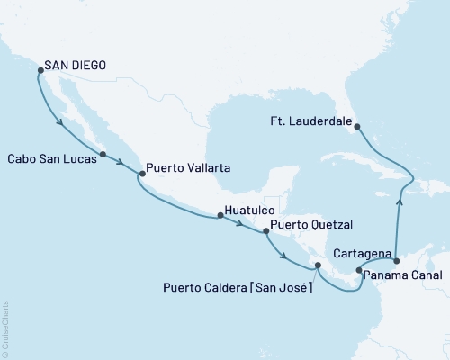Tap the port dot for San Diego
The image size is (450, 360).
(38, 67)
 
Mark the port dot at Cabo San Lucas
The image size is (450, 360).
(103, 155)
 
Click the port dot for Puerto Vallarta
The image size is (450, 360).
(140, 174)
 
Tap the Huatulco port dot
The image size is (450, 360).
(219, 216)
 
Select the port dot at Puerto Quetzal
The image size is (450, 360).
(265, 231)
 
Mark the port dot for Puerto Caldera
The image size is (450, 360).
(316, 265)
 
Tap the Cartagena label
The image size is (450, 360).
(361, 255)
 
